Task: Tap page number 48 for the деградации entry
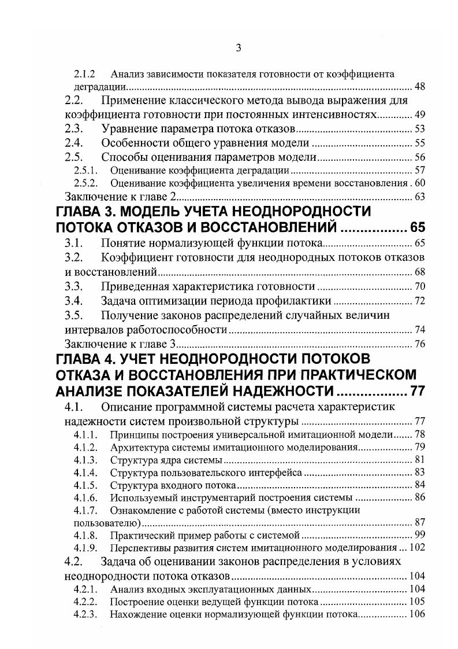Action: tap(419, 87)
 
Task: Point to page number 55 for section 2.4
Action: tap(419, 142)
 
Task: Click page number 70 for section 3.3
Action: tap(419, 286)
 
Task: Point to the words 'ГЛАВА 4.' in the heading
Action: tap(92, 359)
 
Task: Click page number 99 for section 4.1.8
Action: tap(419, 535)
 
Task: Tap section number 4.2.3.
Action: tap(85, 614)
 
